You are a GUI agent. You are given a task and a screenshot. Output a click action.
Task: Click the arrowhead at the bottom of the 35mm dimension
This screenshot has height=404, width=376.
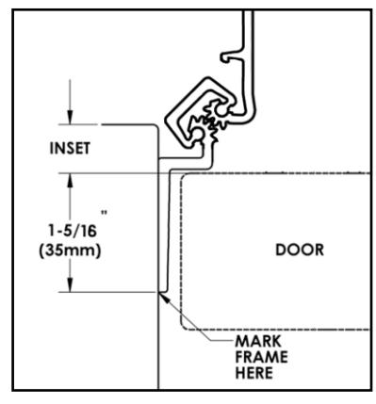(x=68, y=284)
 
